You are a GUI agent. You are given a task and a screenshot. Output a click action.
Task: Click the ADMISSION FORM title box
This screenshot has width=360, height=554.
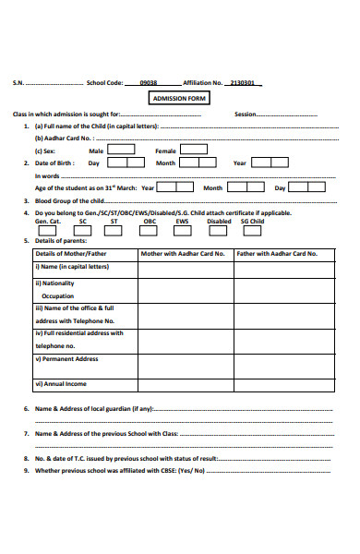pyautogui.click(x=179, y=98)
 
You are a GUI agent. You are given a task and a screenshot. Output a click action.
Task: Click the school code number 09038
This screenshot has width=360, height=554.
pyautogui.click(x=148, y=82)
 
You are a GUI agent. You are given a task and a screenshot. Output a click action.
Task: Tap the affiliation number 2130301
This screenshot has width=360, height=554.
pyautogui.click(x=244, y=82)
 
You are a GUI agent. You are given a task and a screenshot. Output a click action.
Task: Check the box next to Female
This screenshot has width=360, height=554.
pyautogui.click(x=194, y=149)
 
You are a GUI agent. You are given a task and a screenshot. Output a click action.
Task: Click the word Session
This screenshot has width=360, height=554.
pyautogui.click(x=245, y=114)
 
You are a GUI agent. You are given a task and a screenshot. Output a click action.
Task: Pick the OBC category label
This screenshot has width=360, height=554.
pyautogui.click(x=150, y=222)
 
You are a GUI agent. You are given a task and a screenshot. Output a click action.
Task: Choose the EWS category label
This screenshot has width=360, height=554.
pyautogui.click(x=182, y=222)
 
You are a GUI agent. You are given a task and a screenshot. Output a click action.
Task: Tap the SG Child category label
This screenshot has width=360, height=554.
pyautogui.click(x=252, y=222)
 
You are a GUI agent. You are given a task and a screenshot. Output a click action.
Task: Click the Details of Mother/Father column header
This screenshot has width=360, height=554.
pyautogui.click(x=71, y=253)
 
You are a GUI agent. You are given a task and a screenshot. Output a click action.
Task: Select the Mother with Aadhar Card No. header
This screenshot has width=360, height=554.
pyautogui.click(x=183, y=253)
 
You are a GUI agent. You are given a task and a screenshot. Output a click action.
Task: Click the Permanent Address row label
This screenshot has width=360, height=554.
pyautogui.click(x=67, y=358)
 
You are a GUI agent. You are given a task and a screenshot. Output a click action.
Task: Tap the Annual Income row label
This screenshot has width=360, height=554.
pyautogui.click(x=62, y=383)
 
